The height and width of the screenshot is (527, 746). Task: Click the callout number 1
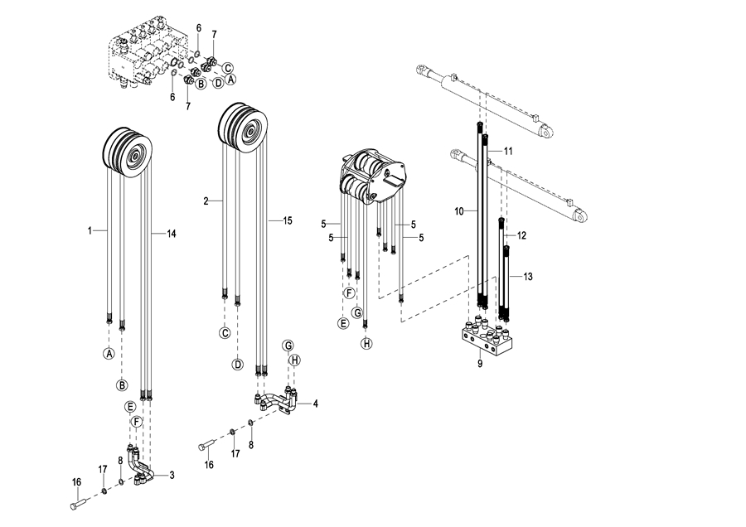(89, 229)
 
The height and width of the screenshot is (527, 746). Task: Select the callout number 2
(205, 201)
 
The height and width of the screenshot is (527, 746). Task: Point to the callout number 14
(172, 234)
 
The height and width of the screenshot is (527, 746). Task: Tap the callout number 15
(288, 220)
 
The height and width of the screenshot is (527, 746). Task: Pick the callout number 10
(458, 211)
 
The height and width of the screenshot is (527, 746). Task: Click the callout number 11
(508, 150)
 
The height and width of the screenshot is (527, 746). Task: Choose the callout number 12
(521, 235)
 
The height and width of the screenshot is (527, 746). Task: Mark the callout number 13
(528, 276)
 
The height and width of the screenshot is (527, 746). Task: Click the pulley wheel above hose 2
(244, 127)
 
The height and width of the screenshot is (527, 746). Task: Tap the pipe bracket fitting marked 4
(278, 402)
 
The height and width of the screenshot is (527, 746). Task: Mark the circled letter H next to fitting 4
(293, 360)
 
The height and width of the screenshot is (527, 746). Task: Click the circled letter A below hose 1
(109, 354)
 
